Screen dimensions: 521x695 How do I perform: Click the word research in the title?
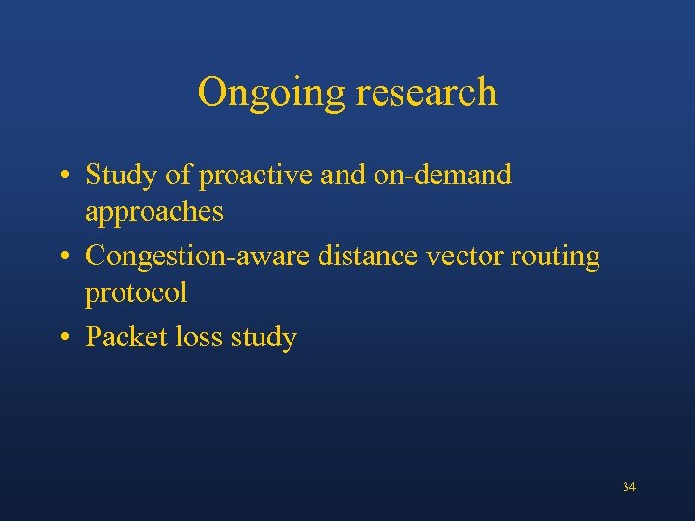coord(427,94)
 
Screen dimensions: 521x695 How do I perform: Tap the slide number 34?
coord(629,487)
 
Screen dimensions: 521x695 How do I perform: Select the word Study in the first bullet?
coord(120,176)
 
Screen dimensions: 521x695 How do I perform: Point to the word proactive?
coord(257,176)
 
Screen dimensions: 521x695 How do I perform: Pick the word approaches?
coord(154,211)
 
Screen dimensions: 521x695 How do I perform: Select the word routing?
coord(555,257)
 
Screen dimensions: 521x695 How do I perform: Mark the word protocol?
coord(136,292)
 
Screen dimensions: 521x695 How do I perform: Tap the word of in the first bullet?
coord(178,176)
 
